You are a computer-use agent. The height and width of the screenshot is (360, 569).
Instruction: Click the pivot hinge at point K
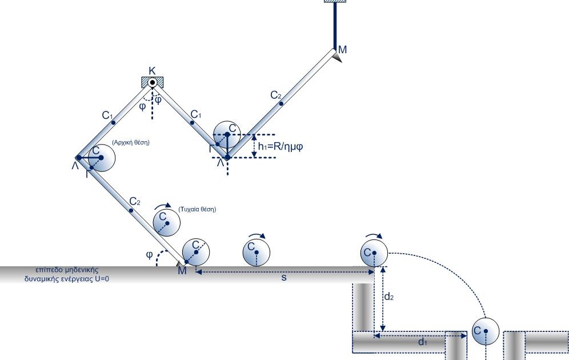click(153, 83)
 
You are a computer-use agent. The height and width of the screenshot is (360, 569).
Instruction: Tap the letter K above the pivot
click(152, 71)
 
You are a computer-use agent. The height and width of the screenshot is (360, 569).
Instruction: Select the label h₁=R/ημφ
click(280, 147)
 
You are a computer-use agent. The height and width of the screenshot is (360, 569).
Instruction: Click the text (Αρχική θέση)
click(131, 142)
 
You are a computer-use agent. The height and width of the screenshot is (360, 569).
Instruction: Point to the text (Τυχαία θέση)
click(197, 209)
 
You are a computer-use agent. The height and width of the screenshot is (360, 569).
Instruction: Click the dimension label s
click(284, 278)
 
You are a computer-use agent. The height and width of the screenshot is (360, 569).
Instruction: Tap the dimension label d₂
click(389, 297)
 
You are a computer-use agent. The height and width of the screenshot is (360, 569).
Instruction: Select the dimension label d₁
click(423, 342)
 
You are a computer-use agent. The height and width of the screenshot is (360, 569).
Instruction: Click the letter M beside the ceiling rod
click(342, 50)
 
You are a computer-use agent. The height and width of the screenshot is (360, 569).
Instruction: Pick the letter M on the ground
click(182, 271)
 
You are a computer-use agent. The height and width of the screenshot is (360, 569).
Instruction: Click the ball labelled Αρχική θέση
click(102, 158)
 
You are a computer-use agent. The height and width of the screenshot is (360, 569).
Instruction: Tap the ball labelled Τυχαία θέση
click(167, 223)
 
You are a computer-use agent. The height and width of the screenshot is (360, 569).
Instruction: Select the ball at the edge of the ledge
click(374, 253)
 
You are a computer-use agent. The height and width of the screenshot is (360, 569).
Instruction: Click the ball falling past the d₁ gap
click(486, 331)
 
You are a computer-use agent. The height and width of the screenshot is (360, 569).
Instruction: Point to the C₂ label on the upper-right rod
click(276, 95)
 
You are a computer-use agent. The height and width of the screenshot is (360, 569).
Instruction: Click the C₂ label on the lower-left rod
click(135, 201)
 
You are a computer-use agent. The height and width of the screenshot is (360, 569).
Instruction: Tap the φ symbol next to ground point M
click(149, 255)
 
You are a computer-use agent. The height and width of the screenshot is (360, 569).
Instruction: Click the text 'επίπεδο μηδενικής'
click(67, 270)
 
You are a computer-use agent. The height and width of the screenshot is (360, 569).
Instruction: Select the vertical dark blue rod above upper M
click(335, 25)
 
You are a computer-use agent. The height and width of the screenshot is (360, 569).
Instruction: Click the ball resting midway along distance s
click(256, 252)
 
